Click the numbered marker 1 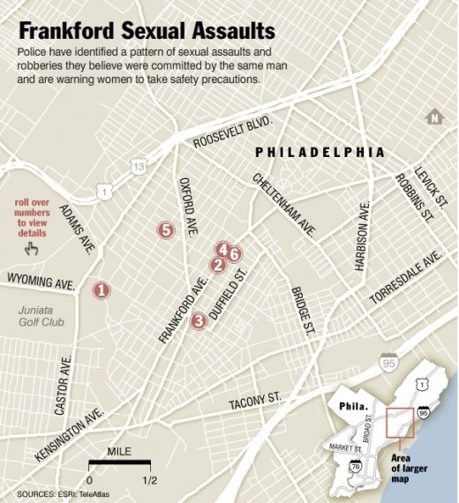[x=102, y=289]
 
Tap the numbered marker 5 [x=165, y=230]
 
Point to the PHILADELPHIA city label [x=320, y=152]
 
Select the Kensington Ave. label [x=71, y=435]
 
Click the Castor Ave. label [x=62, y=385]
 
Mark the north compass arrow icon [x=433, y=117]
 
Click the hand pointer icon [x=34, y=251]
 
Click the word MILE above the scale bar [x=120, y=453]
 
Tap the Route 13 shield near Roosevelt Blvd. [x=137, y=166]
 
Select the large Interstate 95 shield [x=388, y=361]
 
